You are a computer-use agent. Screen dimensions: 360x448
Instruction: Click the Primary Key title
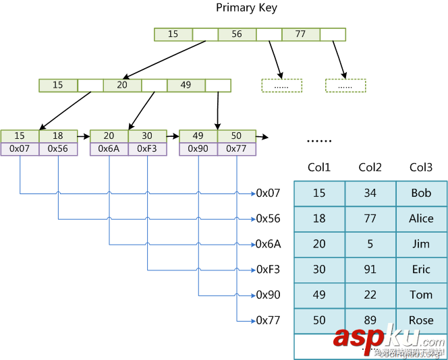(246, 8)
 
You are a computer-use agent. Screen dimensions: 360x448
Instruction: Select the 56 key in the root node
(237, 34)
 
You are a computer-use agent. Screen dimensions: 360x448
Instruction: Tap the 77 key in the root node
(300, 34)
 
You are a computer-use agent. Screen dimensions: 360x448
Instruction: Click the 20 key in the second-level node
(122, 86)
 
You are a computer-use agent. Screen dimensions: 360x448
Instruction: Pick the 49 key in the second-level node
(186, 86)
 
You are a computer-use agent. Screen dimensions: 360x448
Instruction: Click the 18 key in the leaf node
(58, 136)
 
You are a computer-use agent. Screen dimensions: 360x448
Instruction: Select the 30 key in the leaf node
(147, 136)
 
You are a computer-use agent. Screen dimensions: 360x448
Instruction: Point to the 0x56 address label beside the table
(268, 219)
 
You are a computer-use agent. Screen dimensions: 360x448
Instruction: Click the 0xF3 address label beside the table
(268, 270)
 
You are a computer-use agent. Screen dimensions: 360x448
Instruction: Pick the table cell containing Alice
(421, 219)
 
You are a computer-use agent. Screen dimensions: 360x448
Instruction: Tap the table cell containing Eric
(421, 270)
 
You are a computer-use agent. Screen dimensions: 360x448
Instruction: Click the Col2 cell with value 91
(370, 270)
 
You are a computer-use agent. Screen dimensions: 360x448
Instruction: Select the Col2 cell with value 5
(370, 244)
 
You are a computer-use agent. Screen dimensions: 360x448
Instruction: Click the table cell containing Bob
(421, 193)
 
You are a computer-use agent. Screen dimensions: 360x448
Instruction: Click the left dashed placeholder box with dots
(281, 86)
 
